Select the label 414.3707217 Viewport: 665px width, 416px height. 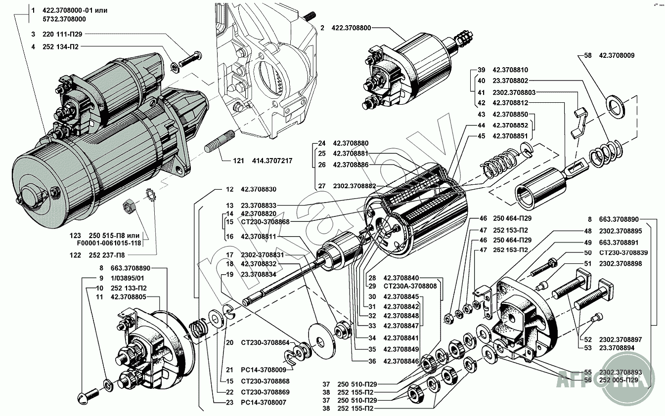coord(272,161)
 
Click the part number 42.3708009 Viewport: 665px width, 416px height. coord(617,55)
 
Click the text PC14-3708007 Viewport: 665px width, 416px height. coord(264,403)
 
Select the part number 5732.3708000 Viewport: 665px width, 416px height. coord(64,19)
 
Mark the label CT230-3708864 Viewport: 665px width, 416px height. coord(266,342)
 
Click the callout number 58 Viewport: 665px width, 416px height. coord(587,55)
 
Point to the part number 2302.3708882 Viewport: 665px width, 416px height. coord(355,186)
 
